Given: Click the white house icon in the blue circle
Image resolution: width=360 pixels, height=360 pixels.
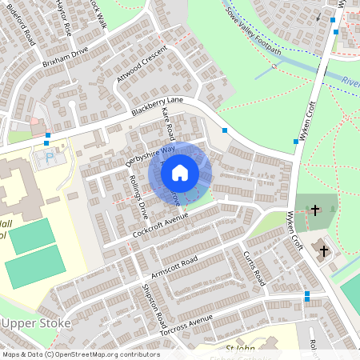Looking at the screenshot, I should pyautogui.click(x=180, y=172).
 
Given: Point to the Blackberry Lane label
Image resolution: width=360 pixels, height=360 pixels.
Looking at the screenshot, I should pyautogui.click(x=158, y=105).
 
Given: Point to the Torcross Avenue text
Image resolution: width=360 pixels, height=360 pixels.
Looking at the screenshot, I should pyautogui.click(x=190, y=325).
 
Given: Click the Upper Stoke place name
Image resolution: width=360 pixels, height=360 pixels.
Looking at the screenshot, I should pyautogui.click(x=37, y=323).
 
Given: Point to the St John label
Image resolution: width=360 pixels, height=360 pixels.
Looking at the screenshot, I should pyautogui.click(x=240, y=349).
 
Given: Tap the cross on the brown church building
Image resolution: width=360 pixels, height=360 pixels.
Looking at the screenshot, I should pyautogui.click(x=324, y=250).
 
